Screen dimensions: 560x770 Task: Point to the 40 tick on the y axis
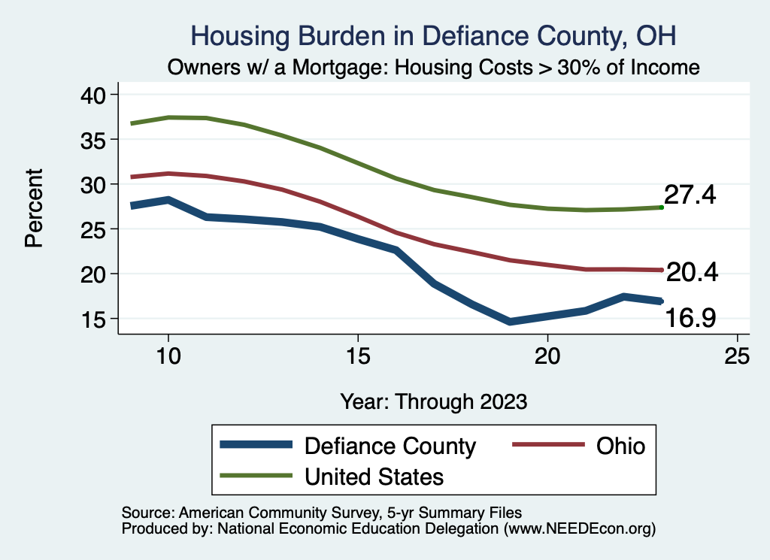95,95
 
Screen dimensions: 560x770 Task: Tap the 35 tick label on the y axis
95,139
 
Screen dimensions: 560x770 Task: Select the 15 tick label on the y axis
95,318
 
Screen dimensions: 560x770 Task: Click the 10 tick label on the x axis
168,356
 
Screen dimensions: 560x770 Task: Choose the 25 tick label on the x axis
737,356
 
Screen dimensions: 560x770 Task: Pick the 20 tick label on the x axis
547,356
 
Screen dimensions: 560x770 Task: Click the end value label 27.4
690,195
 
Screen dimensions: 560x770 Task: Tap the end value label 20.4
692,273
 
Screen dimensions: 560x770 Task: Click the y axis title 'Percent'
34,207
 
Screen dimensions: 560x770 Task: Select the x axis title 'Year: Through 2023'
433,401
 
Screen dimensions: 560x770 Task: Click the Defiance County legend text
390,446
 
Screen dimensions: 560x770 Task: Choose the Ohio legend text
620,446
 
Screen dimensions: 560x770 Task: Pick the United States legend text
374,477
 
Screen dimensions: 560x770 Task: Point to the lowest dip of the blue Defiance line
511,322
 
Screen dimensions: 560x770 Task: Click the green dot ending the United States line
661,207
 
